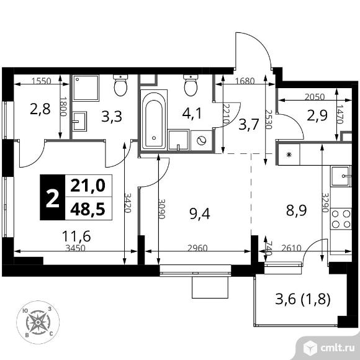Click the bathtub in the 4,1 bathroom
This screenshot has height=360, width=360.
coord(153,119)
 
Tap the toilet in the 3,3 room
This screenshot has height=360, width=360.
coord(120,85)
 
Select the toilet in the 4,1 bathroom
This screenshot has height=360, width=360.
coord(191,85)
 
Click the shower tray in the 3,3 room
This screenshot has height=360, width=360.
coord(86,88)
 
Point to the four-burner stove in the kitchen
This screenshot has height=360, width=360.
coord(341,218)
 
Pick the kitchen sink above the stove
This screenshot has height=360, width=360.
coord(341,176)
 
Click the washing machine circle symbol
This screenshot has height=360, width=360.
coord(201,140)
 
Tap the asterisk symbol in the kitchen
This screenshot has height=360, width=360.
coord(289,155)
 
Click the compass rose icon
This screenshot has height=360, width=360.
coord(38,322)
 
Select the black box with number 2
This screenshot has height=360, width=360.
coord(53,197)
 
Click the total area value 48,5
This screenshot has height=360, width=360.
coord(88,209)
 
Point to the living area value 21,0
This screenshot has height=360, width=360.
coord(88,186)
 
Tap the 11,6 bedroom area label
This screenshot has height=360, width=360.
coord(76,236)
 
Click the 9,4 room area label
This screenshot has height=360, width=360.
coord(200,214)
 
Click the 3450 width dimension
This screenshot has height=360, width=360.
coord(75,248)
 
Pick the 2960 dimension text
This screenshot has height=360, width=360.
coord(197,248)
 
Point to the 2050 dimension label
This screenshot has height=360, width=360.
coord(315,97)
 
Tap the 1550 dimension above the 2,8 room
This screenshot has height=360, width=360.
coord(42,81)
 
